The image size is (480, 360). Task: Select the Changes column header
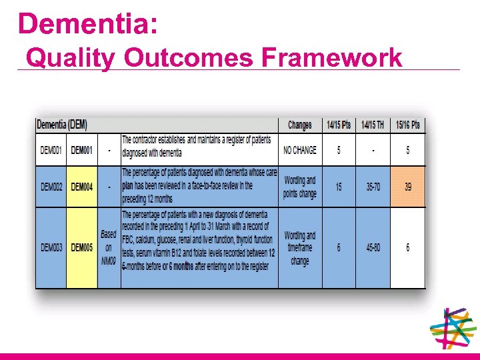coord(299,125)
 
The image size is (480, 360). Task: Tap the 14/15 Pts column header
coord(339,125)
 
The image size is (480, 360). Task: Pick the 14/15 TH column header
coord(373,125)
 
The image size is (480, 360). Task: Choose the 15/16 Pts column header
coord(407,125)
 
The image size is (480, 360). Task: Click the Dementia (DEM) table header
coord(62,125)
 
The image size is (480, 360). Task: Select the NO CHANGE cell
coord(300,150)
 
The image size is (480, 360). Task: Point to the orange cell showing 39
coord(408,187)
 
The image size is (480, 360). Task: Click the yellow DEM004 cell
coord(82,187)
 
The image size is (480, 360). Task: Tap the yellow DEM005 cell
coord(82,248)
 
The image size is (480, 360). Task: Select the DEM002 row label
coord(51,187)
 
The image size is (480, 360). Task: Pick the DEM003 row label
coord(51,248)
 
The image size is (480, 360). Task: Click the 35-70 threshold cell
coord(373,187)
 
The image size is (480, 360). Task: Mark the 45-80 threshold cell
coord(373,248)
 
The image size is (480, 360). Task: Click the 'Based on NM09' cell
coord(109,247)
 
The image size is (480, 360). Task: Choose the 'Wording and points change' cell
coord(300,187)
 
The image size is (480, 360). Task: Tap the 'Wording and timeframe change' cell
coord(300,248)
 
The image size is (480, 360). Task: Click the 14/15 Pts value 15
coord(339,187)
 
